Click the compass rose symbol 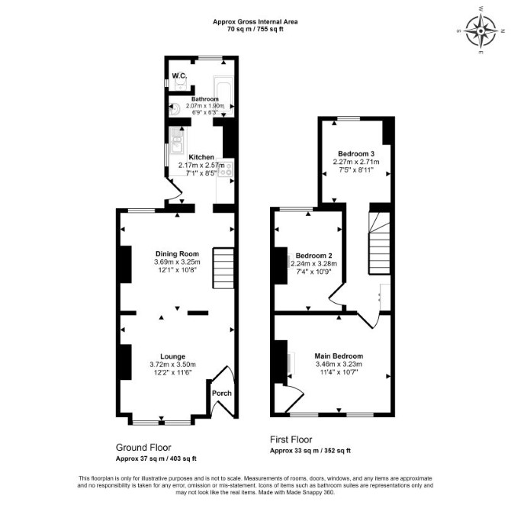point(481,31)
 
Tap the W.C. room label point(179,76)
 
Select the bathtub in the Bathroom point(223,95)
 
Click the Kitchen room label point(201,157)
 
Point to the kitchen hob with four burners point(226,169)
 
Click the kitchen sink point(177,143)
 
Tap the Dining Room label point(177,253)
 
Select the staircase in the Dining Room point(223,269)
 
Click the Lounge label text point(172,356)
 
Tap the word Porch point(222,393)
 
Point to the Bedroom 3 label point(356,153)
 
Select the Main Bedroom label point(339,356)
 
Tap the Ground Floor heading point(143,447)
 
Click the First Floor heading point(291,439)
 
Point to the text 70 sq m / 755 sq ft point(255,29)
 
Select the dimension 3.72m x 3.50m point(172,365)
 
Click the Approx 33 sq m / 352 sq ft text point(310,451)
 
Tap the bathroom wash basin point(174,109)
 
